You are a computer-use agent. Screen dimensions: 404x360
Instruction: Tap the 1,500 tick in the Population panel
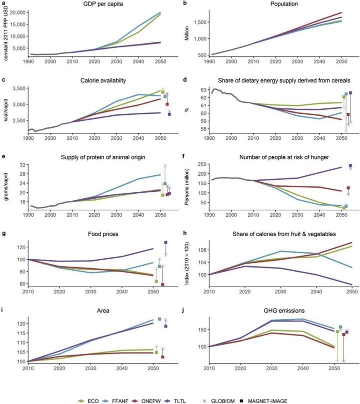(199, 22)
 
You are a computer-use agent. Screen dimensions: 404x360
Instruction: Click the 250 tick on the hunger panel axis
(201, 164)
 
